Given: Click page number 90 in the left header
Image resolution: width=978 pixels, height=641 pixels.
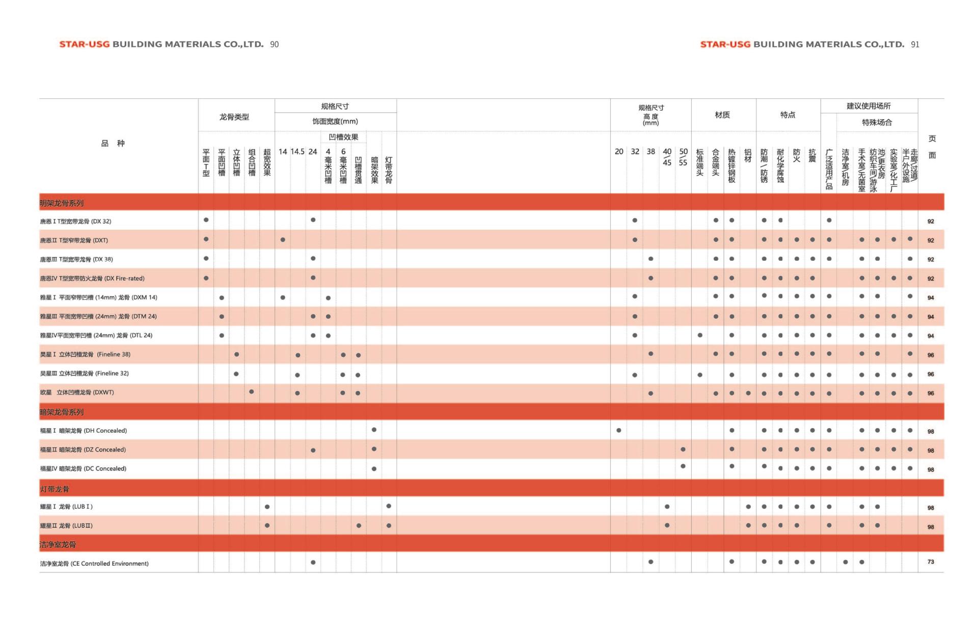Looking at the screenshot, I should click(275, 45).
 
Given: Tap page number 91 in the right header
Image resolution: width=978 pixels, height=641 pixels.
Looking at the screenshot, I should click(915, 45).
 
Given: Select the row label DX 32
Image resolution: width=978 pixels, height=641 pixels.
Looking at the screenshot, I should click(75, 221).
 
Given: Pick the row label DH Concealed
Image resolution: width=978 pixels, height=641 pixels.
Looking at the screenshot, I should click(84, 431).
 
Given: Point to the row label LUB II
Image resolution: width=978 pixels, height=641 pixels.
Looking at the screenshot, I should click(66, 526).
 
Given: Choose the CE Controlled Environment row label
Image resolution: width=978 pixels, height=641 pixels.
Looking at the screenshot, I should click(94, 564).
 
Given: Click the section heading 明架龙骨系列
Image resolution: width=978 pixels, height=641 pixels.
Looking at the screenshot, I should click(62, 203).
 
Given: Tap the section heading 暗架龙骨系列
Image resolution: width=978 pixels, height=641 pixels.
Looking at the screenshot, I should click(62, 412).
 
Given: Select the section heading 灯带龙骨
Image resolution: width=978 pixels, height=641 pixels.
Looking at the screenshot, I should click(55, 489).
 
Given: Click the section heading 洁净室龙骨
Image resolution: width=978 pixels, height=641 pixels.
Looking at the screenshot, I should click(58, 545).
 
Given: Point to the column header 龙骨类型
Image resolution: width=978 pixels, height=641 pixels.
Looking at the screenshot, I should click(234, 117).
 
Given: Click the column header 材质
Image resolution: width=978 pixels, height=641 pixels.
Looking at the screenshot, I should click(722, 115).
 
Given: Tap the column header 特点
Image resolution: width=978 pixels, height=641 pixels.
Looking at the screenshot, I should click(787, 115).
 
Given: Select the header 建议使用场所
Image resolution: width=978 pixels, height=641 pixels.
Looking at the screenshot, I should click(868, 106).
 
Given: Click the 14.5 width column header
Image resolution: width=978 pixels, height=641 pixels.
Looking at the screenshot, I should click(297, 152).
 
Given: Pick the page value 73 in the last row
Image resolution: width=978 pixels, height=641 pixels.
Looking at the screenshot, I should click(931, 562).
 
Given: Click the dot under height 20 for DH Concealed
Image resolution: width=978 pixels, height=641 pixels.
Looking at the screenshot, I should click(619, 430).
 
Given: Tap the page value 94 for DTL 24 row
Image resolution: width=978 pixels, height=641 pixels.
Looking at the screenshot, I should click(931, 336).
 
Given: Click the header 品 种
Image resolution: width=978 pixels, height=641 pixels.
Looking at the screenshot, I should click(113, 144).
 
